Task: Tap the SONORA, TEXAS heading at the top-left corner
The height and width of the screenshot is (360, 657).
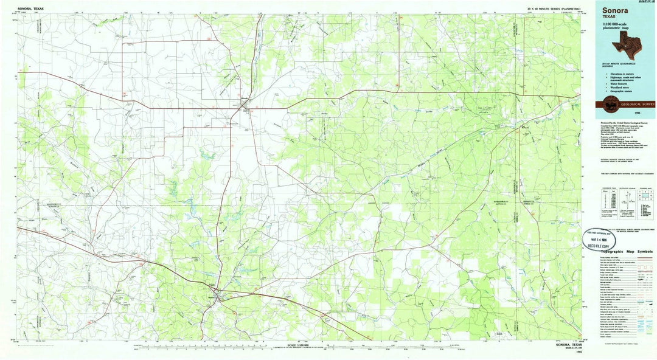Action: tap(31, 9)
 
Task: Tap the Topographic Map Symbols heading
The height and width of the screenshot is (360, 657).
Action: tap(627, 251)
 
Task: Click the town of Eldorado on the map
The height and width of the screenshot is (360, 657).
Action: tap(245, 108)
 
